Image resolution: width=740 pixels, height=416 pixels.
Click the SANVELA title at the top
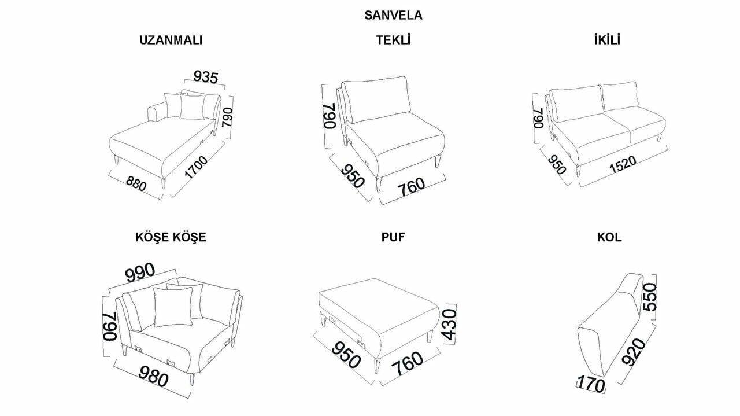tap(393, 15)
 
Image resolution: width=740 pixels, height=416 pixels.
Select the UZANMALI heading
tap(171, 40)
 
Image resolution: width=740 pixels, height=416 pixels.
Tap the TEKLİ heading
tap(393, 40)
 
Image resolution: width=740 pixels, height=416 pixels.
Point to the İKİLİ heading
tap(607, 40)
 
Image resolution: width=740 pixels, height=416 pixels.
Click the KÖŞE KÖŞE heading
tap(171, 237)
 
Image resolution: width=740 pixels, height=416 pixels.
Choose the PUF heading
tap(393, 237)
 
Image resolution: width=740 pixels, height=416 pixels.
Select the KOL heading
tap(609, 237)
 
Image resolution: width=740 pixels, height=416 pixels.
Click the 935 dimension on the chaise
tap(205, 77)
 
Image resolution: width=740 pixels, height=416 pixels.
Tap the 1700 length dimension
tap(196, 167)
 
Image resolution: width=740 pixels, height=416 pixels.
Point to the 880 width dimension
tap(136, 183)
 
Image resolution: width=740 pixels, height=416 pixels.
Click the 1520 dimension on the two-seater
tap(623, 164)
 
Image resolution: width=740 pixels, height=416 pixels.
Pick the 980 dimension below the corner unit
tap(153, 376)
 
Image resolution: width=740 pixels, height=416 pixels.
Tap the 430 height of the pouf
tap(450, 325)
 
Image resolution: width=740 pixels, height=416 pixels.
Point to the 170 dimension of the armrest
tap(591, 385)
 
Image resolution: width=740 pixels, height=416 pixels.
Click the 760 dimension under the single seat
tap(410, 187)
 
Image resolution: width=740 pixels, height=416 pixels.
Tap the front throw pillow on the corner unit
tap(173, 307)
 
